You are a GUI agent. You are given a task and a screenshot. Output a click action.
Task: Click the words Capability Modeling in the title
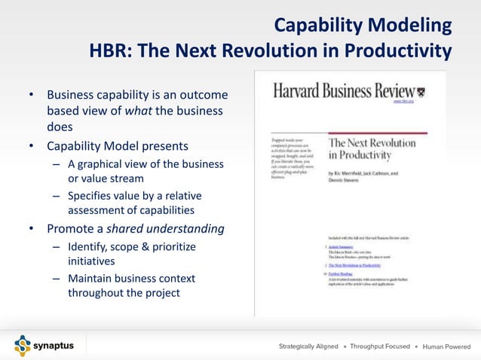[362, 26]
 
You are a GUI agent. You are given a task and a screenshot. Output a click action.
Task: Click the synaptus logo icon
[23, 346]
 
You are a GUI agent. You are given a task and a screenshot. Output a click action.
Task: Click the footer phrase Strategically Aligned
[308, 346]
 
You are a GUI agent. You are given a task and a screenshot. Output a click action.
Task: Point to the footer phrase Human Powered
[448, 346]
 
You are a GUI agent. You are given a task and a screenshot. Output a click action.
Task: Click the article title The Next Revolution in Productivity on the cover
[371, 148]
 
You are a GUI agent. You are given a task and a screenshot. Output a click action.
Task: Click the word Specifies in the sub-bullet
[92, 196]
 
